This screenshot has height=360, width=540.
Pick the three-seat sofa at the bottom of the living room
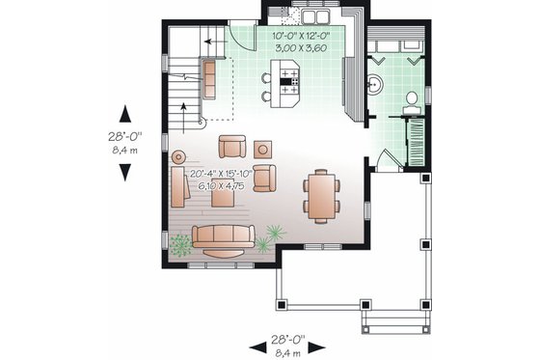click(223, 236)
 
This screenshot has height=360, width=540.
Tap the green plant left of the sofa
click(180, 245)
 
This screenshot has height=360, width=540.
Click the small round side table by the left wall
click(176, 155)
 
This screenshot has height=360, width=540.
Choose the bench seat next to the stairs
click(210, 79)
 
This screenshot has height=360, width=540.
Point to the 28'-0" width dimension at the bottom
click(288, 340)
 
